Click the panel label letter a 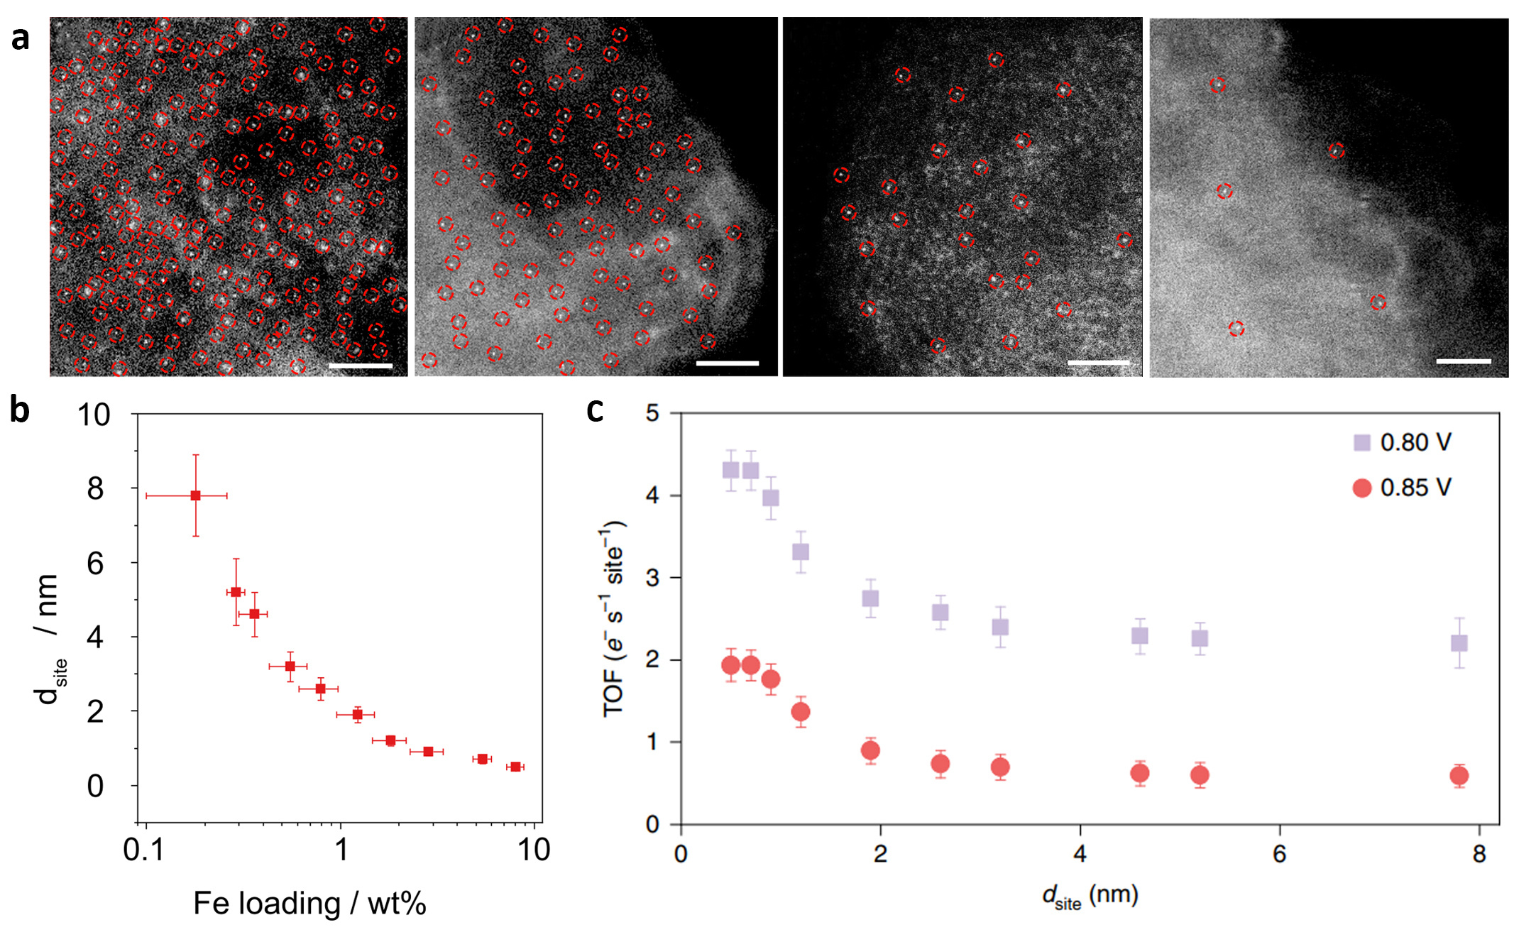point(20,38)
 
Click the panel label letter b point(20,410)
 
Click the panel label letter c point(595,410)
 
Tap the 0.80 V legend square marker point(1361,443)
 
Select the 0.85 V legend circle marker point(1361,488)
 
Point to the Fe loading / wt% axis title point(309,904)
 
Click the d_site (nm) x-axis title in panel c point(1090,897)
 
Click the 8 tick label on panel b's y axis point(95,489)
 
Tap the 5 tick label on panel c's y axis point(652,413)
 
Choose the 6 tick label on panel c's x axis point(1279,854)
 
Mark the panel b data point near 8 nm point(195,495)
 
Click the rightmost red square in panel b point(515,767)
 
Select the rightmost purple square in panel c point(1459,643)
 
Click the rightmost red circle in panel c point(1459,776)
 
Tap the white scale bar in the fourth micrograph point(1463,361)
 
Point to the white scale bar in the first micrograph point(361,366)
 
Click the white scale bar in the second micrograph point(728,363)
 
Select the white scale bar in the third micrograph point(1098,363)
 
